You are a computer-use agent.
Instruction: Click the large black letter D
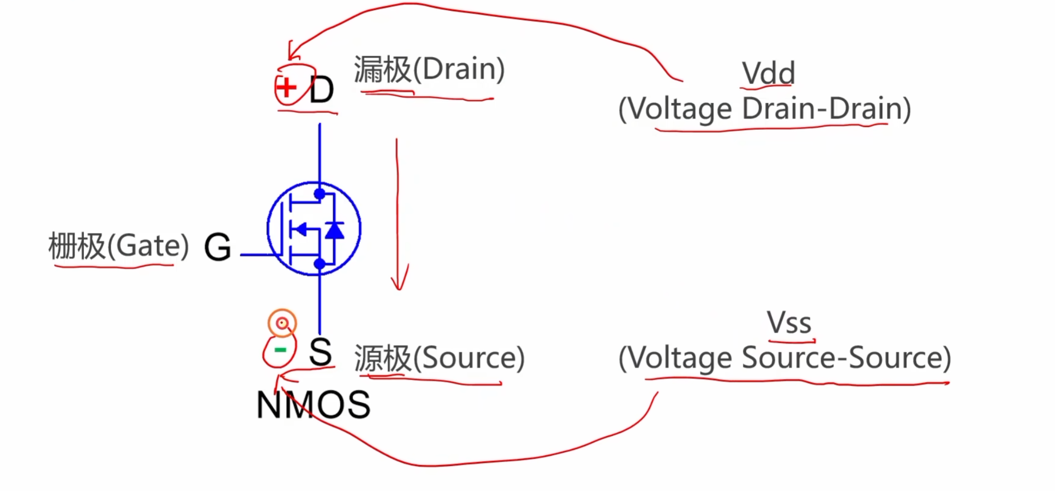(321, 90)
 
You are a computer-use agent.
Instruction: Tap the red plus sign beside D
(286, 87)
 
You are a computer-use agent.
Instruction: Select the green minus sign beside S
(280, 350)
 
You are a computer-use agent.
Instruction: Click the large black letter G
(218, 247)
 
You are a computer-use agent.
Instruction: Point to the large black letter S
(320, 352)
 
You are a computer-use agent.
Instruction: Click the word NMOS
(313, 405)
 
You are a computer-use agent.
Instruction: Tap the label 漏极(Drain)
(429, 69)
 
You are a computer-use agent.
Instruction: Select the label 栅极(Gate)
(119, 246)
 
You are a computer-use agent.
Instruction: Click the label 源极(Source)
(439, 358)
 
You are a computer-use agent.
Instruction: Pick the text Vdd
(768, 73)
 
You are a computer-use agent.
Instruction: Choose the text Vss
(789, 323)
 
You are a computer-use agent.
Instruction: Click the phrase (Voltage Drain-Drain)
(765, 109)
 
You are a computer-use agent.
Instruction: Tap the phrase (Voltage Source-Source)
(785, 358)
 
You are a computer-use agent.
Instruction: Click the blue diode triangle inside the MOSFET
(335, 230)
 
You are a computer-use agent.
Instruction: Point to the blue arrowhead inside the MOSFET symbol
(301, 229)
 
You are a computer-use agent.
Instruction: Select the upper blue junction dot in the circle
(320, 194)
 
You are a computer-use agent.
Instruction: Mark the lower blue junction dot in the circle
(320, 264)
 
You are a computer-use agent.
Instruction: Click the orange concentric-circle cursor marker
(282, 323)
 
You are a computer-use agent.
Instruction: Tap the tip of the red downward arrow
(400, 290)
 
